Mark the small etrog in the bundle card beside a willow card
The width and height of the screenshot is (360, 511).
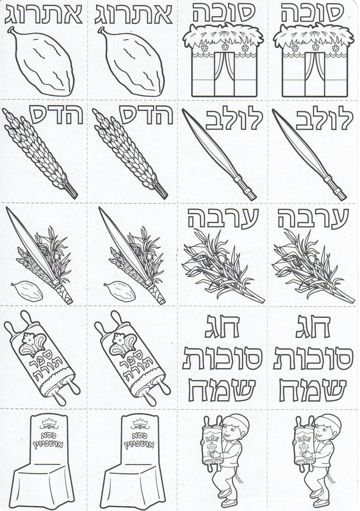[119, 290]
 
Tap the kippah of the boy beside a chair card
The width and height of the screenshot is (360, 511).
[239, 422]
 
